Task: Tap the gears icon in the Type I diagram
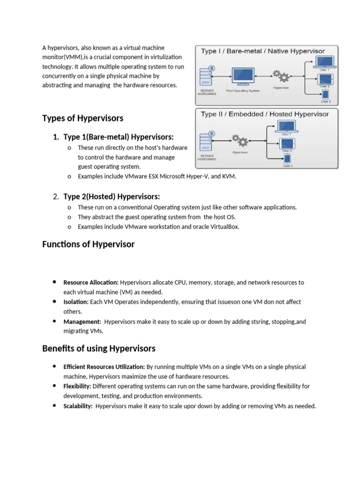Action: click(x=281, y=77)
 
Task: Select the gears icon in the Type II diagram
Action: click(x=240, y=141)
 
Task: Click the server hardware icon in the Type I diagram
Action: click(x=206, y=75)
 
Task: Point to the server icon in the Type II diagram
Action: click(x=206, y=141)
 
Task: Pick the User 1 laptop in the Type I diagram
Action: click(x=324, y=62)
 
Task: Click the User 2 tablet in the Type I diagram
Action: click(x=324, y=78)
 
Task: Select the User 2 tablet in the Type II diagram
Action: click(x=286, y=143)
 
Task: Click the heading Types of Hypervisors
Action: click(x=82, y=118)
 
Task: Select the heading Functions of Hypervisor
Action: click(x=88, y=244)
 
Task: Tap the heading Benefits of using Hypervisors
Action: click(x=98, y=348)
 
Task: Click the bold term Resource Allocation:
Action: click(x=91, y=283)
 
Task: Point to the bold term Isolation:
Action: click(x=75, y=302)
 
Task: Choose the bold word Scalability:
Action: click(x=78, y=406)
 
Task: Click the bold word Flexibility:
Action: click(x=77, y=386)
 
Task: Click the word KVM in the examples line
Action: click(x=229, y=176)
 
